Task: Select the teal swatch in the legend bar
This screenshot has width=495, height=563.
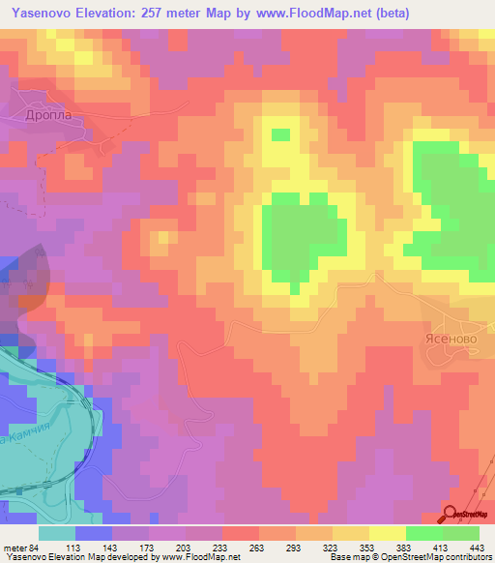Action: [57, 533]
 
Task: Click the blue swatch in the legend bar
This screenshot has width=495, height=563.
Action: [94, 533]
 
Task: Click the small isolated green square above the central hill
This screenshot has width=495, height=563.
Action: [281, 134]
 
